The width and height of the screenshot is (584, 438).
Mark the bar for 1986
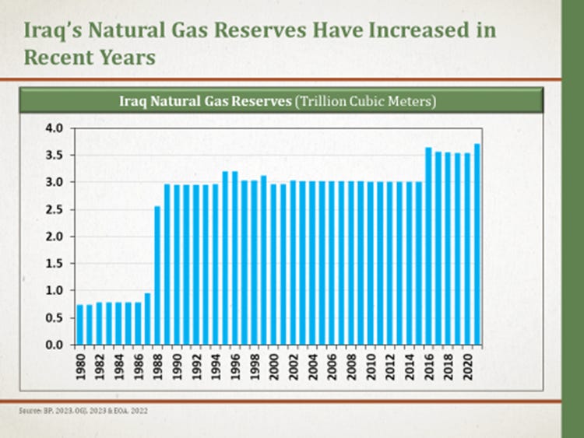pyautogui.click(x=139, y=324)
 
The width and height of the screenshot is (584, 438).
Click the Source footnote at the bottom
pyautogui.click(x=82, y=409)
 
